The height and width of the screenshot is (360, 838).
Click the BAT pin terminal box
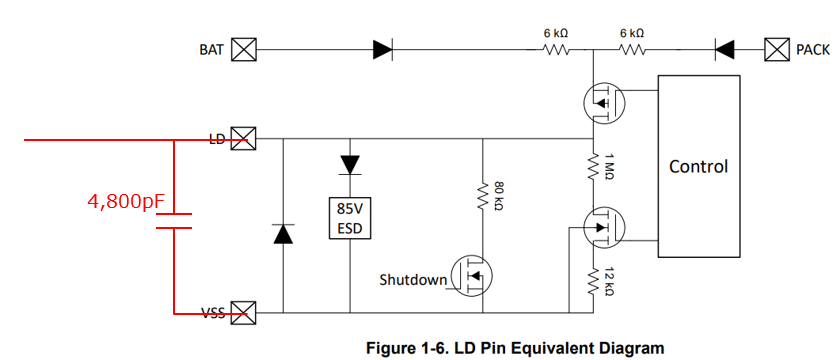[x=244, y=50]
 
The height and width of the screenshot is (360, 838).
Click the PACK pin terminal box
[x=777, y=50]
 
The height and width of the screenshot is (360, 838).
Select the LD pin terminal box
[x=244, y=140]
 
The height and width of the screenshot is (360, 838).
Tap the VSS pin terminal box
[x=244, y=313]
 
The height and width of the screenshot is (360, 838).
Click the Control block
[x=699, y=166]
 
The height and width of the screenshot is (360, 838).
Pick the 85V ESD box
[x=350, y=218]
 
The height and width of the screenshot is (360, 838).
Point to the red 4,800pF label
[x=126, y=201]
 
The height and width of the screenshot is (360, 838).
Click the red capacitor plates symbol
[x=174, y=221]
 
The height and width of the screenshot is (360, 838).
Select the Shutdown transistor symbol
[x=471, y=276]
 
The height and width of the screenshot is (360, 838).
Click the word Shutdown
[x=413, y=280]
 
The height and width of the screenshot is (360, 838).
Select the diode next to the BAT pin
[x=383, y=50]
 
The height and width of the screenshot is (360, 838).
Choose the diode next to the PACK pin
[x=724, y=50]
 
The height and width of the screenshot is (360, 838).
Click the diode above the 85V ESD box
[x=350, y=165]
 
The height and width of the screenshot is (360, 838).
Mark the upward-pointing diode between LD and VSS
[x=283, y=234]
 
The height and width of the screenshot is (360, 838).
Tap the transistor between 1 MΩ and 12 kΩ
[x=604, y=228]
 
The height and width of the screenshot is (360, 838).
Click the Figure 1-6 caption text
[x=515, y=349]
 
